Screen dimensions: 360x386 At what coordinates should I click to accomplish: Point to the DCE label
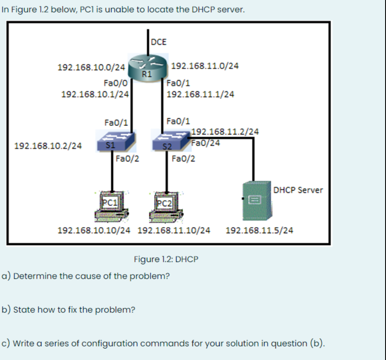159,42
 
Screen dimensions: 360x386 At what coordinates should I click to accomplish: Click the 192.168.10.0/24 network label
91,68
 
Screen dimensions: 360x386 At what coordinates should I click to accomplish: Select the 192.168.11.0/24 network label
205,66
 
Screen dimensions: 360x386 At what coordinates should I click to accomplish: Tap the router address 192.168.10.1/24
95,94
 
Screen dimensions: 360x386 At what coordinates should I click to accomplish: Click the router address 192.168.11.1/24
200,94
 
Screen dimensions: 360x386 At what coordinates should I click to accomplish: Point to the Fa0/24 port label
205,143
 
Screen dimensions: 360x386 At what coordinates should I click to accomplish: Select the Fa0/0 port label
116,83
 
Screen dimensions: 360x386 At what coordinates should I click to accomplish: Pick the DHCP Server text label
298,190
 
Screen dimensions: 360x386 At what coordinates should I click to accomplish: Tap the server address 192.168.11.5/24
260,231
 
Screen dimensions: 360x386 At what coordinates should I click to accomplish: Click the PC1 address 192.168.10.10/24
95,231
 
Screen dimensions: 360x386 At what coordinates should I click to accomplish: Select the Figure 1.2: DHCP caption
166,259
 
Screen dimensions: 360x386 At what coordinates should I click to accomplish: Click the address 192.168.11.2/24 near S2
225,132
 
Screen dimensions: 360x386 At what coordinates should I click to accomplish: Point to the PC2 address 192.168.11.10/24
173,231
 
